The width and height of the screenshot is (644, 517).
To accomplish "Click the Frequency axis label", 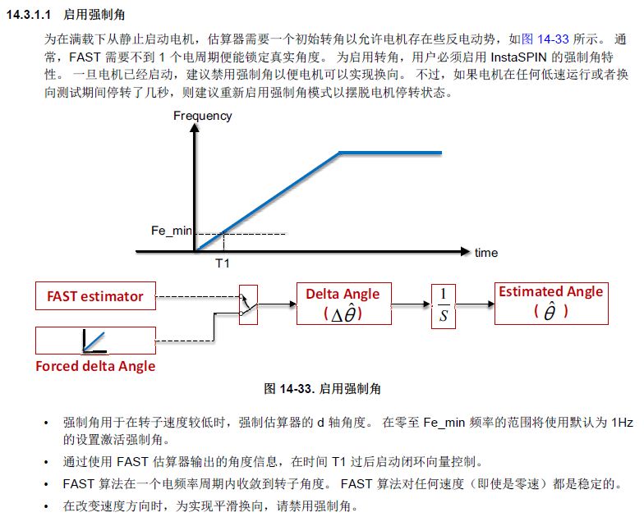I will [202, 116].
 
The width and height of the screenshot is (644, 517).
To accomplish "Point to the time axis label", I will [486, 253].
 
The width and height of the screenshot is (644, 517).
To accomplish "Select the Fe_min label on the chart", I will [171, 231].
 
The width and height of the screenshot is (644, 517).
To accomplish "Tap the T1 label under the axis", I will [223, 266].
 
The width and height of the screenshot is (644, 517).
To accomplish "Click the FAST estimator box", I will [95, 296].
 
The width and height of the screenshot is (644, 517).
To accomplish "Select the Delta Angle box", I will [343, 304].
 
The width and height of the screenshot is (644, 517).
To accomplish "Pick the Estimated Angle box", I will [551, 302].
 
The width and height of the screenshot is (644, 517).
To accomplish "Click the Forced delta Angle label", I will [95, 366].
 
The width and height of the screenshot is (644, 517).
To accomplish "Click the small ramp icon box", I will [95, 340].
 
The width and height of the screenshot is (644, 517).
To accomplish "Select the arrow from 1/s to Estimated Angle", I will [475, 304].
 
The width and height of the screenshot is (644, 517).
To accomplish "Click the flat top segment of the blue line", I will [391, 153].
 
